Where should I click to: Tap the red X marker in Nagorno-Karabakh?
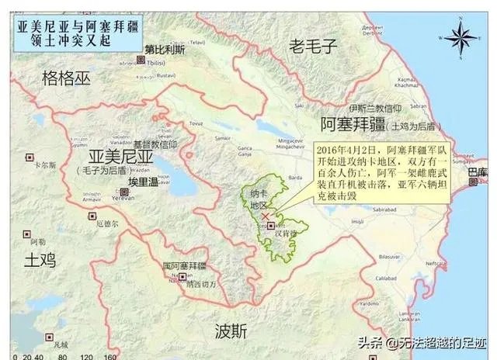coord(266,216)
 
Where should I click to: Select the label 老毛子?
coord(313,47)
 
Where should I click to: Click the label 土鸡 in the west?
coord(39,257)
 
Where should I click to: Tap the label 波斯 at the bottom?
coord(231,331)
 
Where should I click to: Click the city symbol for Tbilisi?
coord(141,59)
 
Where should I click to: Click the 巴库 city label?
coord(478,172)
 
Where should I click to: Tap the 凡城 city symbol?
coord(45,337)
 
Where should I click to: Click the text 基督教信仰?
coord(155,144)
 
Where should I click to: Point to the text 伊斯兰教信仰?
coord(375,108)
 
